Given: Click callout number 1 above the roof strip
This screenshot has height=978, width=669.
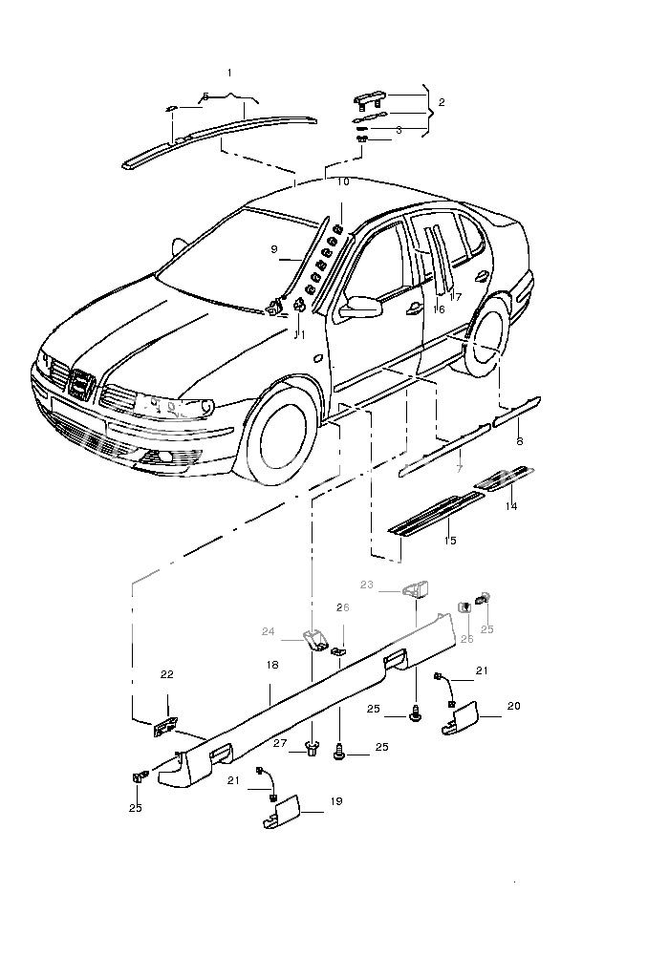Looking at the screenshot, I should point(229,73).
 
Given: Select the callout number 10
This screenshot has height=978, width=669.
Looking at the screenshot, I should point(342,181).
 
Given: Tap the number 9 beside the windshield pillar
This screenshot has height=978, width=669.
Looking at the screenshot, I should point(274,249).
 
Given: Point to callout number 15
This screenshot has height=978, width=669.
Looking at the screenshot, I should point(450,541).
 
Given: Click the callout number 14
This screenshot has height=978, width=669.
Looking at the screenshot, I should point(511,506).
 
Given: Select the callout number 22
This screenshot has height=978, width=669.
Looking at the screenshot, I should point(167,674).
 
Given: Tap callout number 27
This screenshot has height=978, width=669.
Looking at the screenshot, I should point(279,742).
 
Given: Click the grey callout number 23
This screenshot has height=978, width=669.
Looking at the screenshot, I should point(367,584).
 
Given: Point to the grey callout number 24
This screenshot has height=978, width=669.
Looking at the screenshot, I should point(269,631).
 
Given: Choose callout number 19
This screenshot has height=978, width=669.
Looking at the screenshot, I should point(335,801).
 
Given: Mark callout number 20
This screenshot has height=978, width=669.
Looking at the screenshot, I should point(513,706).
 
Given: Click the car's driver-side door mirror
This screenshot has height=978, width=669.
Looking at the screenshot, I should point(362,308).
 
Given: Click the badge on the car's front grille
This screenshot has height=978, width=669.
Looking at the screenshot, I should point(82,385).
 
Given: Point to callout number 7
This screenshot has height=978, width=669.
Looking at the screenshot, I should point(460,469).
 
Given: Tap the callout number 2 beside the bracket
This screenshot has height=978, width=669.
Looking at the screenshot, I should point(441,101).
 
